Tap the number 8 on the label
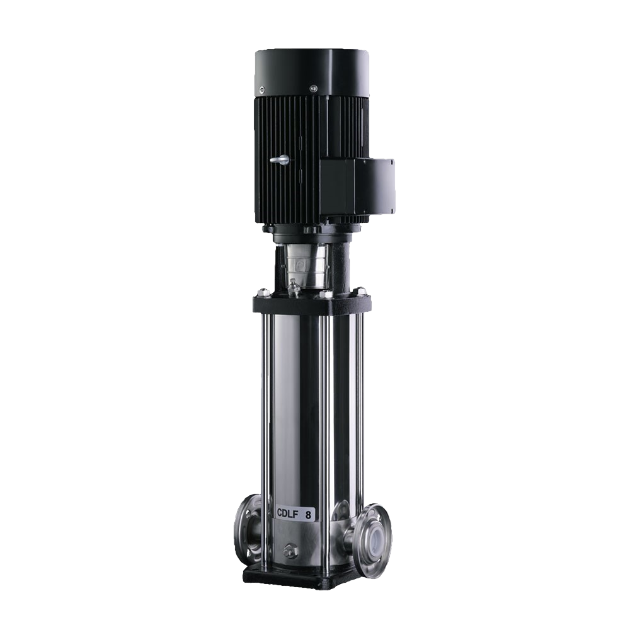(308, 515)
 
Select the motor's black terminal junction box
(357, 185)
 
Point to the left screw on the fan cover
(262, 89)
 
